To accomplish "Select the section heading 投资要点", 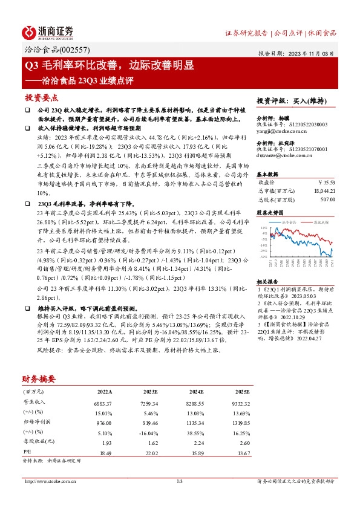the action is [41, 97].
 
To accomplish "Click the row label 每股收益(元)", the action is [36, 443].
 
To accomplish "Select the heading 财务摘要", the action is [39, 379].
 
